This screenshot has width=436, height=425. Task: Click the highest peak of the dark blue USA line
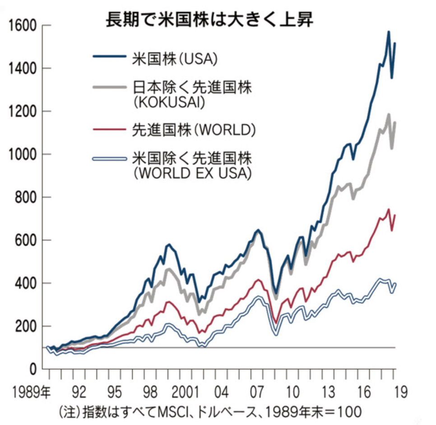pos(388,32)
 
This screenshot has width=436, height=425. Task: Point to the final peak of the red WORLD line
pos(388,209)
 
